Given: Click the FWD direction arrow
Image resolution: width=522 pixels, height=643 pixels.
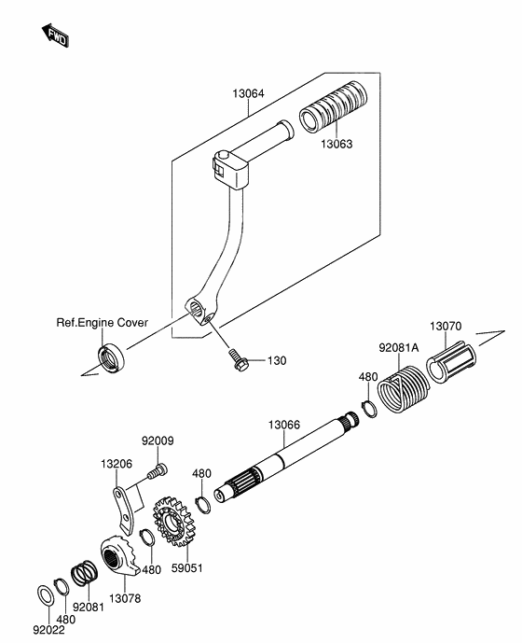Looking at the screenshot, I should (x=57, y=36).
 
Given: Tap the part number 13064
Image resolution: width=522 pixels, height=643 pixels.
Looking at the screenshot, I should (x=248, y=93).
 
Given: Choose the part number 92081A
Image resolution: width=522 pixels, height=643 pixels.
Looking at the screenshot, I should (x=399, y=348).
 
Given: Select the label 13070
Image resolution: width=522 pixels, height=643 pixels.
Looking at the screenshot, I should (x=445, y=327).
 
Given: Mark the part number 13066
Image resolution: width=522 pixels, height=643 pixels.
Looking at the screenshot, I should (x=284, y=424).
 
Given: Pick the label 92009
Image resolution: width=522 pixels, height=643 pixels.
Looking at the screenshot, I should (x=158, y=440).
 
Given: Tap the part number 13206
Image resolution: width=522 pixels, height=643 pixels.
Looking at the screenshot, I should (x=117, y=462).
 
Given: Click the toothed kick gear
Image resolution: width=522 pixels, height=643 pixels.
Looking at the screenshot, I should (x=173, y=523).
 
